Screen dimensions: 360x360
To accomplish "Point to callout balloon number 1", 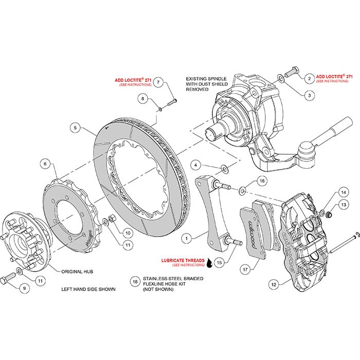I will click(188, 238).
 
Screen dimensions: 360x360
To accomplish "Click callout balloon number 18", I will click(135, 282).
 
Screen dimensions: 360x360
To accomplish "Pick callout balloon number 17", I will click(246, 268).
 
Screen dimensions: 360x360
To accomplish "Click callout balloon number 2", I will click(309, 78).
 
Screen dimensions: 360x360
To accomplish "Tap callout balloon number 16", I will click(261, 181).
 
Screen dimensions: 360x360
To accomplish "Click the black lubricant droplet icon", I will click(209, 263).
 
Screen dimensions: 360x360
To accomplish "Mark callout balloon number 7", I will click(159, 82).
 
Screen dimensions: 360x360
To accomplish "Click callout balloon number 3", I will click(309, 95).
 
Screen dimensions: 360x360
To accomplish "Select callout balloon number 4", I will click(195, 165).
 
